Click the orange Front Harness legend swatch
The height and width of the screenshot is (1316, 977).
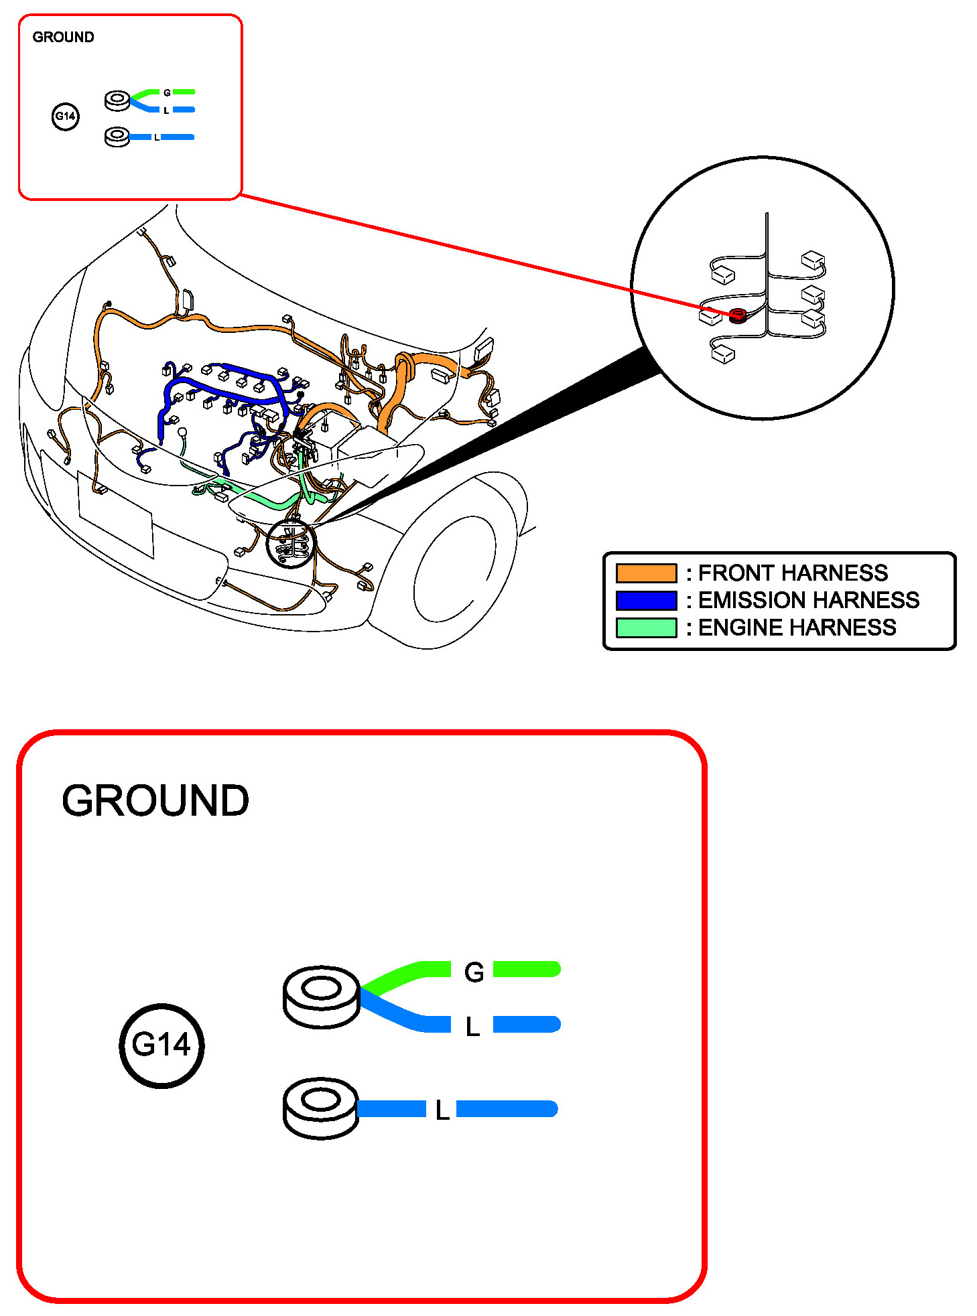pyautogui.click(x=646, y=573)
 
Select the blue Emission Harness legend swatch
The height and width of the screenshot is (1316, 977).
pyautogui.click(x=646, y=601)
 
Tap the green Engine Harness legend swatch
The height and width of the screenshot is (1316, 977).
pyautogui.click(x=646, y=628)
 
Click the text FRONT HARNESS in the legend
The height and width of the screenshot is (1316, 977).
pyautogui.click(x=793, y=573)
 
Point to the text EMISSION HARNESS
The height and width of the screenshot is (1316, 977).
pyautogui.click(x=808, y=600)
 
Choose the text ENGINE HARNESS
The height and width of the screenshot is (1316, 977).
pyautogui.click(x=797, y=628)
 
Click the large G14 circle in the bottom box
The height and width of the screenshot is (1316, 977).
pyautogui.click(x=161, y=1045)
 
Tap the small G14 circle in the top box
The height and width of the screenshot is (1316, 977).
pyautogui.click(x=65, y=117)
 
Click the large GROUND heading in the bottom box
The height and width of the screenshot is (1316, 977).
pyautogui.click(x=155, y=800)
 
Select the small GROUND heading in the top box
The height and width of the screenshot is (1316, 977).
pyautogui.click(x=63, y=38)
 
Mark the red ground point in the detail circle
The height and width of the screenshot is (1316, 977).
pyautogui.click(x=738, y=314)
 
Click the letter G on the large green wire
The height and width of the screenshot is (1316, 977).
pyautogui.click(x=474, y=972)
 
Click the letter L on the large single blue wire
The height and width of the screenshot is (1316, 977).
pyautogui.click(x=442, y=1110)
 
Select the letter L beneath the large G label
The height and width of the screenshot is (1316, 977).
pyautogui.click(x=472, y=1027)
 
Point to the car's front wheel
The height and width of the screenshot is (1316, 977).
pyautogui.click(x=456, y=569)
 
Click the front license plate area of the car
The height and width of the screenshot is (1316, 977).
pyautogui.click(x=115, y=514)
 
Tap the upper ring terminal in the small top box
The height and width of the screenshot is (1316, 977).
pyautogui.click(x=118, y=101)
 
